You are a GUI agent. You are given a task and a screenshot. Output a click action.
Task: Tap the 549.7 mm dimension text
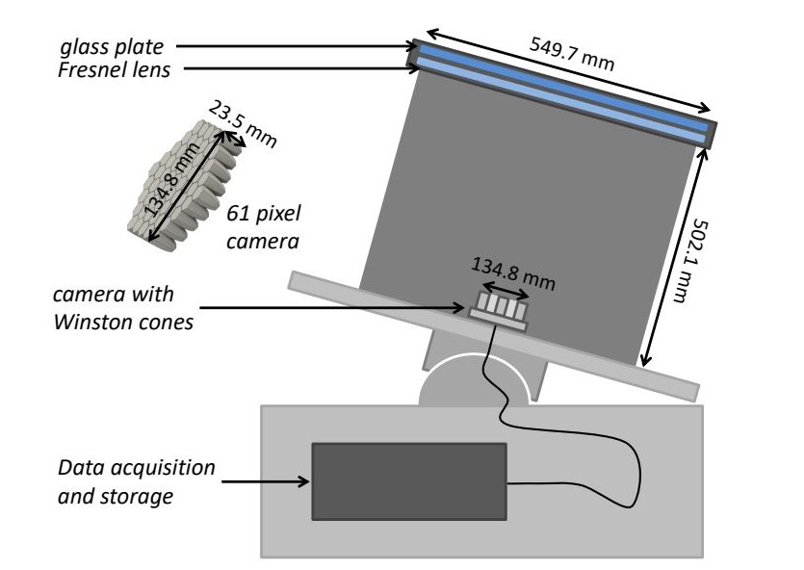coord(572,52)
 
